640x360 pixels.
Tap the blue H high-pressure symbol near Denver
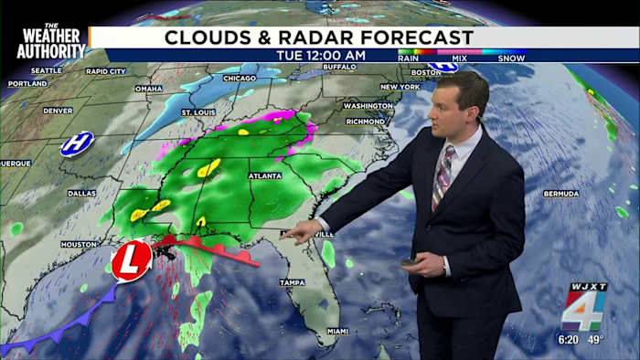coord(77,143)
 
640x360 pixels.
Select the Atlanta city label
coord(265,175)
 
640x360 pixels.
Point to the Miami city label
coord(337,330)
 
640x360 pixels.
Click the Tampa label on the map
coord(292,282)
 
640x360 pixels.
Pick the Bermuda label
coord(560,194)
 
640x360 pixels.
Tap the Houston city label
coord(79,244)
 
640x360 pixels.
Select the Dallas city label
coord(81,193)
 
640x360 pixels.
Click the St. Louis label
coord(198,112)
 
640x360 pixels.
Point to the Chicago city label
coord(239,79)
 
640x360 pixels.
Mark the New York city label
coord(400,87)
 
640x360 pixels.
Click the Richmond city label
coord(365,121)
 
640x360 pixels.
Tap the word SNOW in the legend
coord(511,58)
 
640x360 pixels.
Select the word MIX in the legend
coord(460,58)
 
